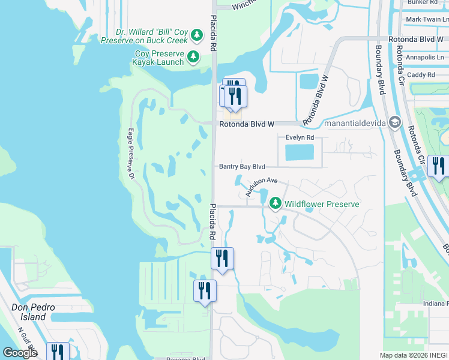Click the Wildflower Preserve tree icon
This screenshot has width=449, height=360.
(x=276, y=204)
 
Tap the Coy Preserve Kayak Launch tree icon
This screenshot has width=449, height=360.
(x=193, y=58)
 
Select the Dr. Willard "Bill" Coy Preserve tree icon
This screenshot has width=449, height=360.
(x=197, y=37)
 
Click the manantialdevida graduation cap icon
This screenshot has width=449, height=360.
(x=394, y=123)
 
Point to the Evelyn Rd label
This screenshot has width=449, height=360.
(x=300, y=137)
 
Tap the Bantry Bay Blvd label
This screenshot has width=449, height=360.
(x=241, y=166)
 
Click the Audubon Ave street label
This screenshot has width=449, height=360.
(x=262, y=184)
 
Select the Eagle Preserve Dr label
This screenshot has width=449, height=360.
(x=130, y=152)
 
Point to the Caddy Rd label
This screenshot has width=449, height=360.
(x=421, y=75)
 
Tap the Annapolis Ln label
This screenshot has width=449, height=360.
(x=425, y=58)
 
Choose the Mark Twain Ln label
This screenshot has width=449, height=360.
(x=426, y=19)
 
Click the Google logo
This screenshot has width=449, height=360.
(x=19, y=353)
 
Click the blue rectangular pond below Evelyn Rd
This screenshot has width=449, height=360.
(x=300, y=152)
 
